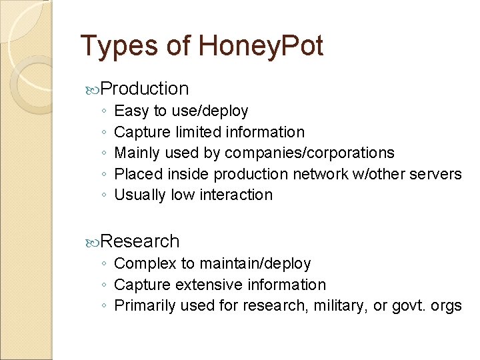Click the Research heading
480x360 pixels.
point(141,241)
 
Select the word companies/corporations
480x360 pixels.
point(309,153)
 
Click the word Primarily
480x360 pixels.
point(143,306)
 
